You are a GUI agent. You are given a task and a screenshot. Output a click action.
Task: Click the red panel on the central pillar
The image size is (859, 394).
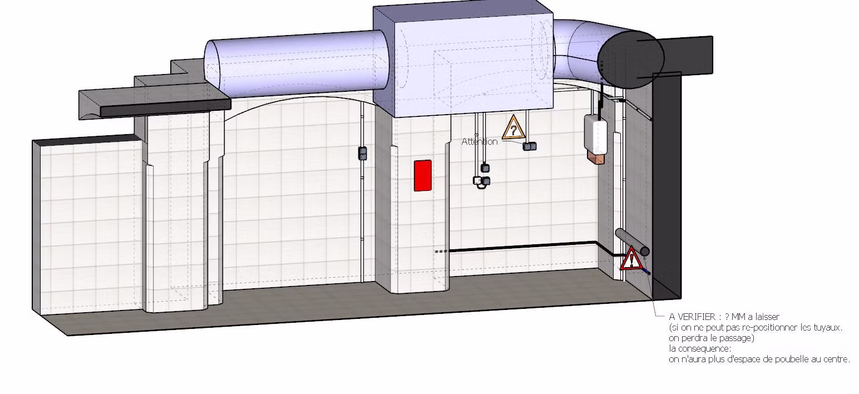(423, 175)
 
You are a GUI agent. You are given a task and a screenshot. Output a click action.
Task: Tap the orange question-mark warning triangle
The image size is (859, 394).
(513, 129)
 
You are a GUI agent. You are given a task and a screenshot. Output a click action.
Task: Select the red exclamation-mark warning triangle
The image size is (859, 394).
(631, 259)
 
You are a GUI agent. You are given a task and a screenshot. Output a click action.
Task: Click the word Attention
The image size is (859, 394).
(479, 142)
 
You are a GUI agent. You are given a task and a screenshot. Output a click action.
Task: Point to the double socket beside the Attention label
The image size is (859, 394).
(530, 146)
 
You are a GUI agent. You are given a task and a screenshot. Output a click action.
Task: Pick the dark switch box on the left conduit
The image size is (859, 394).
(363, 153)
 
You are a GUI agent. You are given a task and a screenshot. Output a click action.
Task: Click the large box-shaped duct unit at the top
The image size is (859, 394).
(463, 58)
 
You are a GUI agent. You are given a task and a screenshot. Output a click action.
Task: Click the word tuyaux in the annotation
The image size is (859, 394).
(828, 327)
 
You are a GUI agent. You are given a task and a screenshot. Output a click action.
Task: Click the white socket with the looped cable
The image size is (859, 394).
(477, 181)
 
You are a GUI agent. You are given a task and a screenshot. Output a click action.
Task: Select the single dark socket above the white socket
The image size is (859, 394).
(485, 168)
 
